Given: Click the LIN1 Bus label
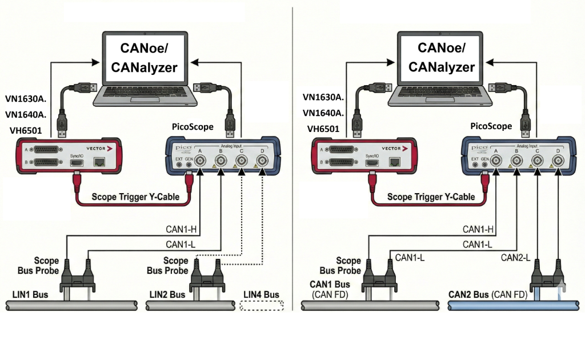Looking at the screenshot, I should coord(30,295).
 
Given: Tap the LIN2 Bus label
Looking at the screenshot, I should coord(167,295).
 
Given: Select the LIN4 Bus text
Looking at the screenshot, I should coord(261,295).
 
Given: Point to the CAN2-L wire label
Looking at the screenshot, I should coord(516,257).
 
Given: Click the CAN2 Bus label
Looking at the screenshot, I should coord(467,295).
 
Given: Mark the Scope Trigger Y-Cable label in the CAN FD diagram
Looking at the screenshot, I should coord(431,197).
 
